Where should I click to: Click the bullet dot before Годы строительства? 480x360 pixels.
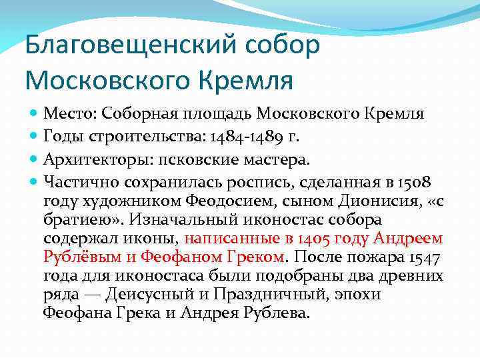[x=35, y=137]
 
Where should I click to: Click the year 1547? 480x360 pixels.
[x=420, y=257]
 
